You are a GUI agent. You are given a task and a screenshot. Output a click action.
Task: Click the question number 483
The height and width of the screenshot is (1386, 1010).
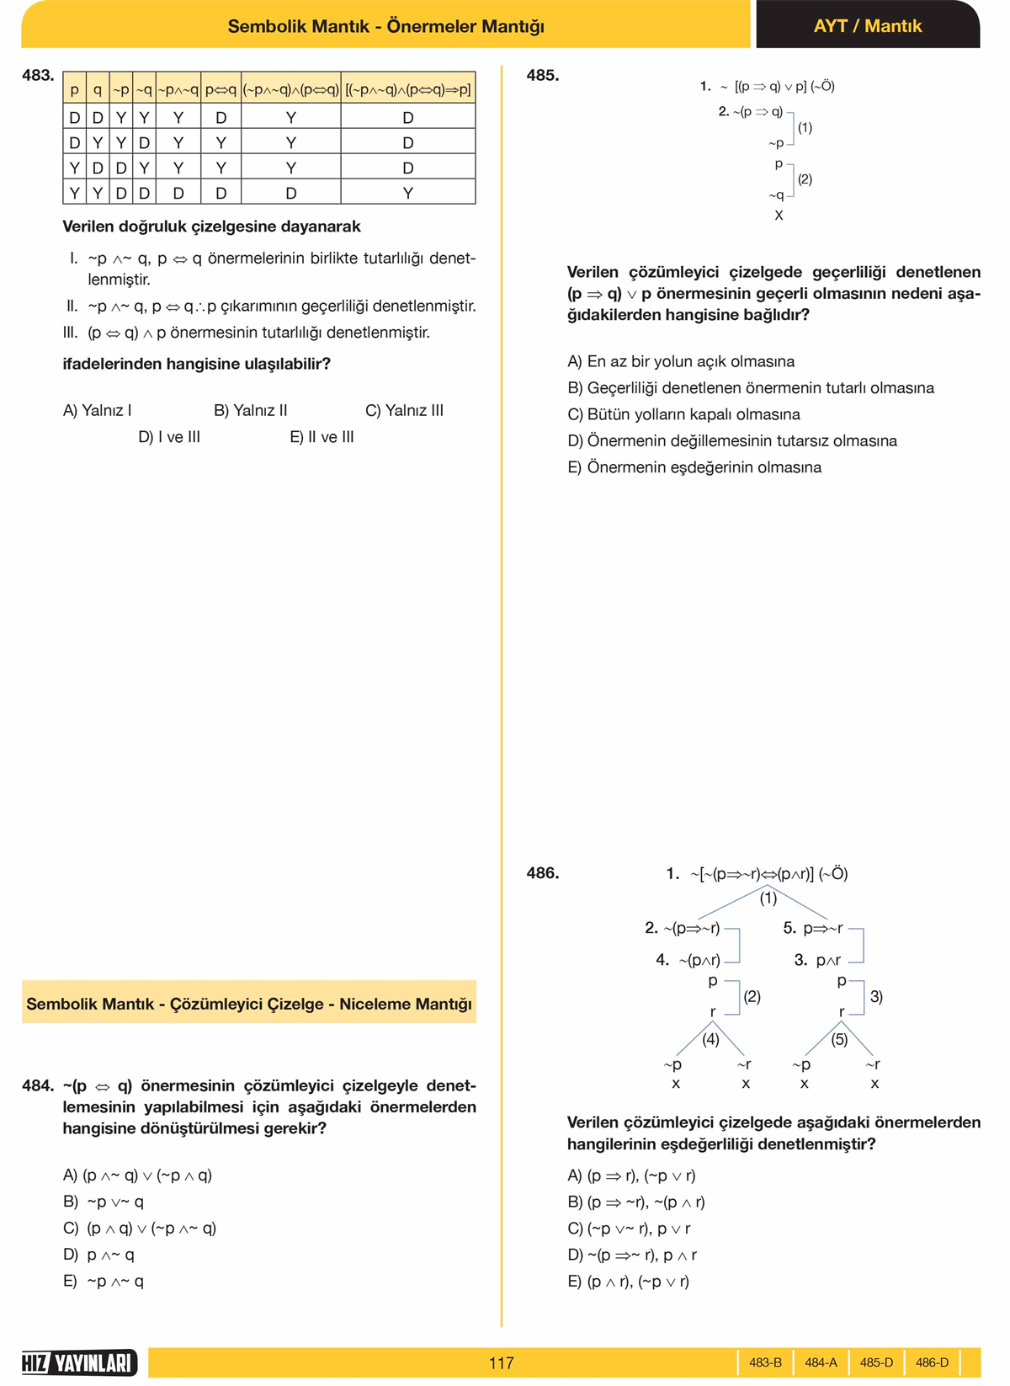coord(38,76)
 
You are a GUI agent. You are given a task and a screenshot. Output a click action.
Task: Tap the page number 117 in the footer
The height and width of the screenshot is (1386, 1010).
coord(501,1362)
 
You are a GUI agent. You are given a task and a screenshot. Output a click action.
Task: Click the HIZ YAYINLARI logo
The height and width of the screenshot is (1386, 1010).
coord(79,1362)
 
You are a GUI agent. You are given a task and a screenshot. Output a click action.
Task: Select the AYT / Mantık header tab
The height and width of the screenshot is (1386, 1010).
coord(867,26)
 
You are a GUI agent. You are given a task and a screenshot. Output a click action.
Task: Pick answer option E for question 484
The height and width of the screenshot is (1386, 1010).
coord(104,1281)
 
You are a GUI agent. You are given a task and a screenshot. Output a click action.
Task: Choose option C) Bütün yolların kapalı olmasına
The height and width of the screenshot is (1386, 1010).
coord(683,414)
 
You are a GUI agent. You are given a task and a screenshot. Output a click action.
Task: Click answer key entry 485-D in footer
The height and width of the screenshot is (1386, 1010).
coord(876,1362)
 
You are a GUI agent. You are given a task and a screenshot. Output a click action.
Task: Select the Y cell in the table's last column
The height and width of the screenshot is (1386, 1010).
coord(407,193)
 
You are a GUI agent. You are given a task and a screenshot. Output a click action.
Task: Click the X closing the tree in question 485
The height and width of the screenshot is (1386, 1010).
coord(779,216)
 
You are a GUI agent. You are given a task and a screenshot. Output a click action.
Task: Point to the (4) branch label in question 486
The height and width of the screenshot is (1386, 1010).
coord(711,1039)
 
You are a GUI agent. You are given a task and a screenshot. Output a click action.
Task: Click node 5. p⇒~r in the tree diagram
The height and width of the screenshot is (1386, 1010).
coord(813,928)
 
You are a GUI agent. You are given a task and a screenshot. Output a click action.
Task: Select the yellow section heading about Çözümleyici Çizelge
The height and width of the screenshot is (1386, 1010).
coord(249,1003)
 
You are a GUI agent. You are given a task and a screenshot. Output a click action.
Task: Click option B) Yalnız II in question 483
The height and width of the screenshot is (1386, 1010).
coord(250,410)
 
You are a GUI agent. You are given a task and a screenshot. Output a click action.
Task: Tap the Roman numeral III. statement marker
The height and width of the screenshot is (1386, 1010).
coord(71,333)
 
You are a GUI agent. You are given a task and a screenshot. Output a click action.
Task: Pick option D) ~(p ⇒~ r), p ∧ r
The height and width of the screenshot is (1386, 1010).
coord(632,1255)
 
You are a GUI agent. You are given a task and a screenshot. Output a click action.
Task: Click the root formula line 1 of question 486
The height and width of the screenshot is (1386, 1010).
coord(757,874)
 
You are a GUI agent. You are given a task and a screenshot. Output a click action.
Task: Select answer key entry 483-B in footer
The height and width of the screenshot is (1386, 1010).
coord(765,1362)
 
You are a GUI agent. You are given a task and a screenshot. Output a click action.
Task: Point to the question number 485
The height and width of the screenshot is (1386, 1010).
coord(543,76)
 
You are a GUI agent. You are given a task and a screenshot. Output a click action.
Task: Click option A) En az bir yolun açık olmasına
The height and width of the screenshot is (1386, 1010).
coord(681,361)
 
